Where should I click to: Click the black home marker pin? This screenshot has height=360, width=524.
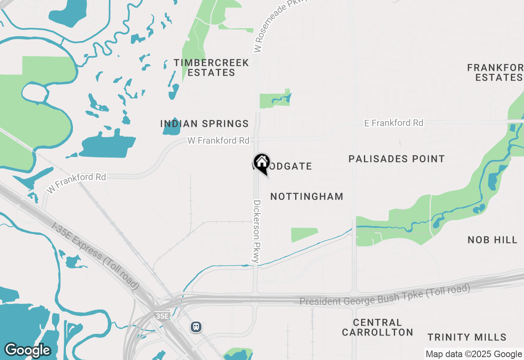tap(261, 162)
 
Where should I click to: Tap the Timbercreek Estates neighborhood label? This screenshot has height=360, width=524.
tap(211, 67)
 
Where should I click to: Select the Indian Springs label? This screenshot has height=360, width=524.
tap(204, 124)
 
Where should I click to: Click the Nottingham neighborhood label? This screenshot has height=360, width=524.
tap(307, 197)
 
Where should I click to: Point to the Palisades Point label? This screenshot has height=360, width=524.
tap(396, 159)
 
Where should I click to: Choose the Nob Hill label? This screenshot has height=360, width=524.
tap(492, 240)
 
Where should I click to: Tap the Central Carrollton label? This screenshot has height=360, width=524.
tap(377, 327)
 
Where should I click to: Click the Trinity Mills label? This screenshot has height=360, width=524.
tap(467, 337)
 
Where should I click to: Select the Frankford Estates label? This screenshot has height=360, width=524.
tap(495, 72)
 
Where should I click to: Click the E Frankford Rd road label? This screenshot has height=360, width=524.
tap(394, 123)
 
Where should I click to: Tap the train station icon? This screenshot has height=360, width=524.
tap(196, 326)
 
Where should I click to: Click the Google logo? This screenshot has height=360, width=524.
tap(27, 350)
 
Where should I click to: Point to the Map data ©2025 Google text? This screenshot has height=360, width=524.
tap(474, 354)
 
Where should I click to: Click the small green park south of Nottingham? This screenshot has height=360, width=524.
tap(304, 234)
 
